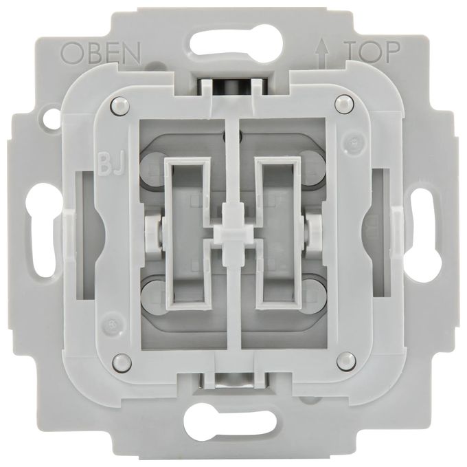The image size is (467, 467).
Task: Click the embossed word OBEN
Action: coord(100,53)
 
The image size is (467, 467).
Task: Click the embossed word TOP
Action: coord(372,52)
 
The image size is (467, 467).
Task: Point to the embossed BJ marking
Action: coord(111,164)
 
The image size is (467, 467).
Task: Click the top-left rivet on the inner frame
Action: coord(121,105)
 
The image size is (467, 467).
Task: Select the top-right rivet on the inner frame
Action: coord(345,104)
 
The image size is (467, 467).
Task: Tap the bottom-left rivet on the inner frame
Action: coord(122,362)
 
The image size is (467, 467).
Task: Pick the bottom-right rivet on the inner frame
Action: coord(346,360)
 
